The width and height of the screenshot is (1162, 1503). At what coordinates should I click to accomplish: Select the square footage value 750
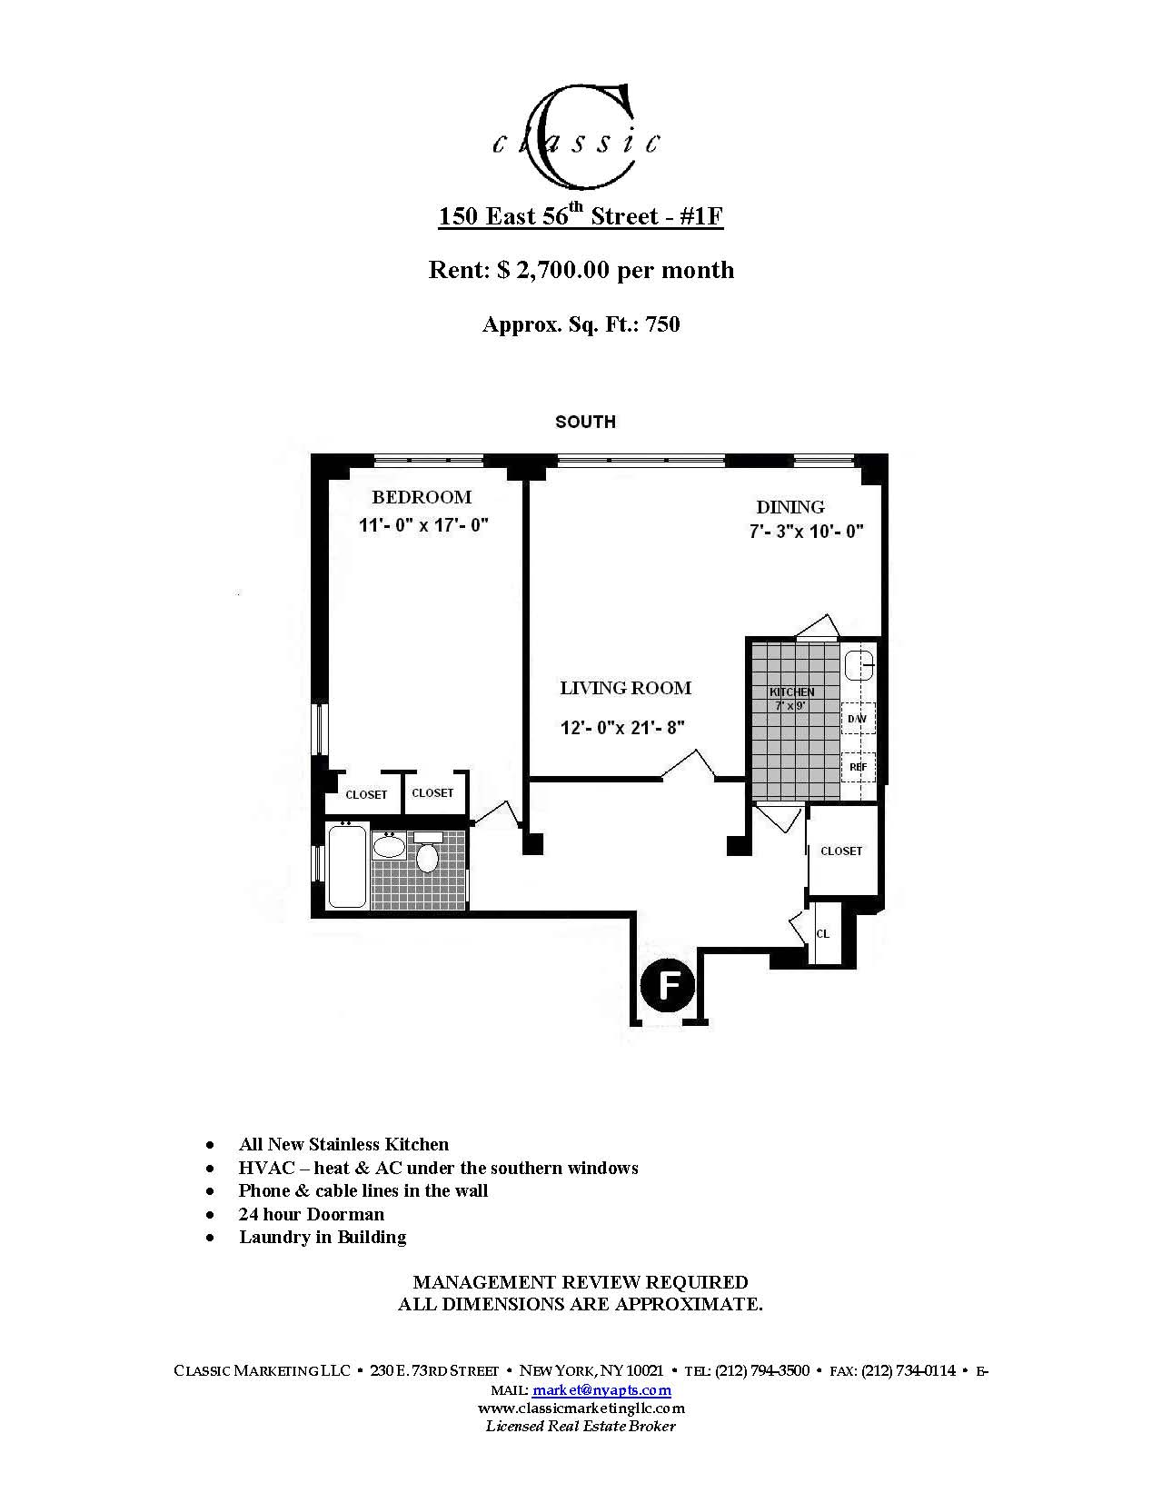click(662, 324)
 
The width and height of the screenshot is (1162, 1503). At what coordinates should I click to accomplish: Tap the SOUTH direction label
click(585, 422)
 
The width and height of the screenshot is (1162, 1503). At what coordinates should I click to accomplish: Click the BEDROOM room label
click(422, 497)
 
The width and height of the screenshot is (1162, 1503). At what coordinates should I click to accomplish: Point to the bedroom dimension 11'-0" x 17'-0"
click(423, 525)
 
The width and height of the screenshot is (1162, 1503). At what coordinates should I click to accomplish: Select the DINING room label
click(790, 507)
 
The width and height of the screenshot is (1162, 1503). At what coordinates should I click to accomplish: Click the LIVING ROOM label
click(625, 688)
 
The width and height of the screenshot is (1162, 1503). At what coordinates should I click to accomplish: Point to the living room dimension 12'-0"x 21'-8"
click(622, 727)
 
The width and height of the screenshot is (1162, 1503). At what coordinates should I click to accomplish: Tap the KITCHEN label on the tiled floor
click(791, 692)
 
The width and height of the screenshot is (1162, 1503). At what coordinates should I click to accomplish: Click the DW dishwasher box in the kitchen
click(857, 719)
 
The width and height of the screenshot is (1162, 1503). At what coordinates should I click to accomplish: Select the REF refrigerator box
click(858, 767)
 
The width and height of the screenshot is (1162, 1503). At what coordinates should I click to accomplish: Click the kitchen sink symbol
click(859, 666)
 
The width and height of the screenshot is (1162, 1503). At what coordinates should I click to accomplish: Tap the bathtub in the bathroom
click(347, 866)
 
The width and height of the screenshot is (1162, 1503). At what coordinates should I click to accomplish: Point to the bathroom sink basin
click(390, 847)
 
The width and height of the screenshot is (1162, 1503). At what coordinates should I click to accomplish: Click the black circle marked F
click(668, 984)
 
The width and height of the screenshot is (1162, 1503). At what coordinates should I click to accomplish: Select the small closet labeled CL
click(823, 933)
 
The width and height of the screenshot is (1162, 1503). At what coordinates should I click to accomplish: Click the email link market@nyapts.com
click(601, 1389)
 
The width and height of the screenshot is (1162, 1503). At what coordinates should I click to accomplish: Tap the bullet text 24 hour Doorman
click(312, 1214)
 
